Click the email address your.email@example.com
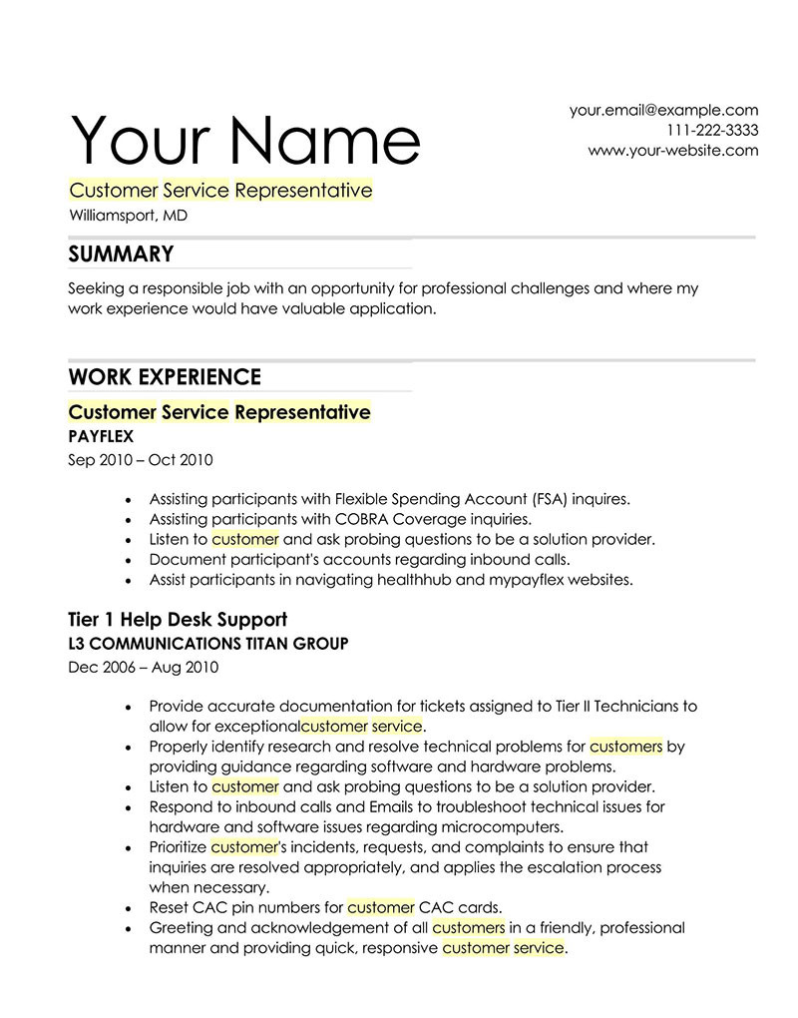(663, 110)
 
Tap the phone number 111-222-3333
(712, 131)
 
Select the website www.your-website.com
(672, 151)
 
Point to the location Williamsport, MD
(128, 215)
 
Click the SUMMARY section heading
(121, 254)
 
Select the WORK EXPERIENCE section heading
(165, 377)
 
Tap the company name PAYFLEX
(101, 436)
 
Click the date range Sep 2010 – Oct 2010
(140, 460)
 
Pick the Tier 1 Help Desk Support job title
(178, 620)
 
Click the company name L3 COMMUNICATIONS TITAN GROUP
(208, 644)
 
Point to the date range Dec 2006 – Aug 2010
(143, 668)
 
